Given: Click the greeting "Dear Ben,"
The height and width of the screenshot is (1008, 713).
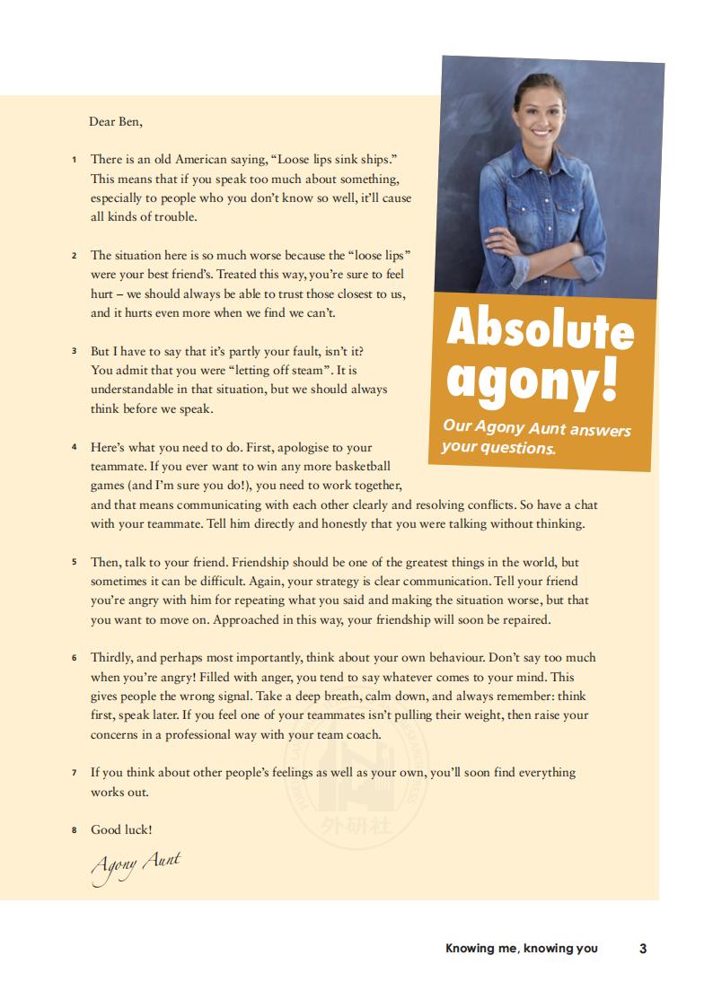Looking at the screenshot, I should point(116,121).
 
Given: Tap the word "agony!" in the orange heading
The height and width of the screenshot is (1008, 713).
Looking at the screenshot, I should point(532,380).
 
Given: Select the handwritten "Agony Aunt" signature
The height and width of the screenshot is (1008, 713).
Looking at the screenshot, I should point(135,866).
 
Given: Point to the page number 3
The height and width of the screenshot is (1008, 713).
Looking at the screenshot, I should point(643,948).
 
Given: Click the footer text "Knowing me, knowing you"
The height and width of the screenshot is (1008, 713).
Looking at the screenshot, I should point(521,948).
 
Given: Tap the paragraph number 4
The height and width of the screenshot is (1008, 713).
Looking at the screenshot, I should point(75,446).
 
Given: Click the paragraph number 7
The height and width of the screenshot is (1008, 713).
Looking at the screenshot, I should point(75,772).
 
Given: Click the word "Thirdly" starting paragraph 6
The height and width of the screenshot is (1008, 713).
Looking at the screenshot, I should point(112,657).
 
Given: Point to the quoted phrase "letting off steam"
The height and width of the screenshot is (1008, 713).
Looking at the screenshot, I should point(283,369).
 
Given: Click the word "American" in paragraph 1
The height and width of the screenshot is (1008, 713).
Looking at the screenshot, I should point(205,159).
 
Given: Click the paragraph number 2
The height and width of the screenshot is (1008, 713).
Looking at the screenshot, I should point(75,256).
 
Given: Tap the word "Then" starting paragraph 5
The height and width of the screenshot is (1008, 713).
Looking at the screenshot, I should point(105,562).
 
